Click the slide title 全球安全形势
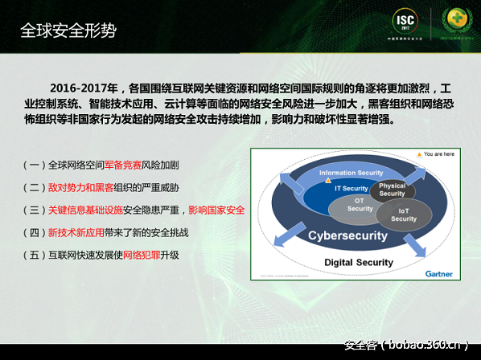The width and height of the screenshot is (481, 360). (68, 31)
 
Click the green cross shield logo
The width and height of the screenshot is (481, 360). (456, 21)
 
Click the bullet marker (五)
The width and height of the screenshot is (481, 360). (34, 255)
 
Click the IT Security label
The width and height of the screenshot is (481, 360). (351, 188)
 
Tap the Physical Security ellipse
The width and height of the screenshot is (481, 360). (392, 190)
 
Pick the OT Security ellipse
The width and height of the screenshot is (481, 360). (360, 205)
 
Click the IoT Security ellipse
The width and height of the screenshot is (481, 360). (404, 215)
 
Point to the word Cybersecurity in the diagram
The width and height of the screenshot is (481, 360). (348, 236)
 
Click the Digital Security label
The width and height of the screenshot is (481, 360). (358, 263)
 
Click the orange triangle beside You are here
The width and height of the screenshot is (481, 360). (417, 153)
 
